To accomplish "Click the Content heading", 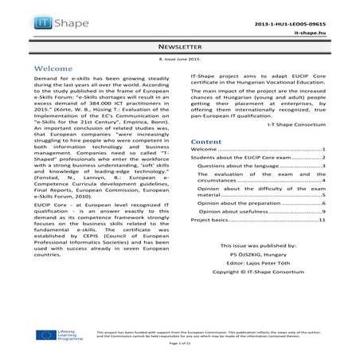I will [x=208, y=141].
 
